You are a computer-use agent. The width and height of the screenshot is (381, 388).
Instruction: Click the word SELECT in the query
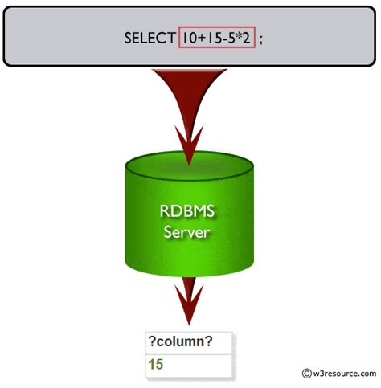[x=150, y=38]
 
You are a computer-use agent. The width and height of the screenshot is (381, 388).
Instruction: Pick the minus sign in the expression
[x=222, y=38]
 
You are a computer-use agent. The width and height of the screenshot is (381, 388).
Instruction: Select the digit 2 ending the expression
[x=247, y=38]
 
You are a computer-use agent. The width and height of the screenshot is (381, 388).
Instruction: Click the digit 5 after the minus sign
[x=229, y=38]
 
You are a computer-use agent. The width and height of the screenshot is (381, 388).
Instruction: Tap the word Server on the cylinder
[x=190, y=232]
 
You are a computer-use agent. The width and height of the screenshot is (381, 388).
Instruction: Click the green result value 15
[x=156, y=364]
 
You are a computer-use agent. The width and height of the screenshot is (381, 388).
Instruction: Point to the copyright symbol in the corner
[x=306, y=373]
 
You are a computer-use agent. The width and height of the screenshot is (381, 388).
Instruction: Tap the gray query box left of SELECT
[x=64, y=38]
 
